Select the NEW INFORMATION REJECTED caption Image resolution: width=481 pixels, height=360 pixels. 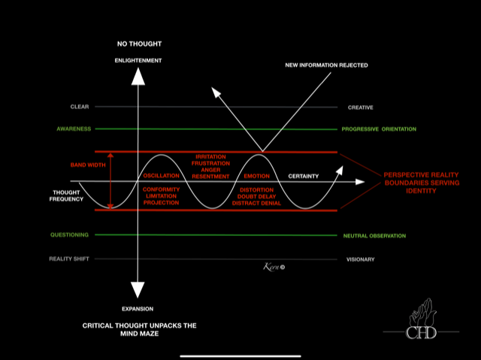click(x=326, y=65)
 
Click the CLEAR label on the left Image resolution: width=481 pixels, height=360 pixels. click(x=80, y=107)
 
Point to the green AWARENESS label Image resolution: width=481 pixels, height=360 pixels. click(x=74, y=129)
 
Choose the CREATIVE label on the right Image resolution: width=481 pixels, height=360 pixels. click(x=361, y=107)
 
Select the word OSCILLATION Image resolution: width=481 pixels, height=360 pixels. click(x=161, y=176)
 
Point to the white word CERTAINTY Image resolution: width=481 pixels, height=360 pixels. click(x=304, y=176)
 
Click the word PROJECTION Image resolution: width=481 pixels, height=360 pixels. click(x=161, y=203)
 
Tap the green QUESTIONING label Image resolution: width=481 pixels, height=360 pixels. click(x=70, y=234)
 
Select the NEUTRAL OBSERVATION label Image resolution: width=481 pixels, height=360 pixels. click(x=374, y=235)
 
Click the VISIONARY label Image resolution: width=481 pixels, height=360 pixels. click(x=360, y=259)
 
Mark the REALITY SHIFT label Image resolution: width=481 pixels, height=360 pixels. click(x=69, y=259)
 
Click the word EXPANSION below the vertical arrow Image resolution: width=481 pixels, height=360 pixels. click(x=137, y=309)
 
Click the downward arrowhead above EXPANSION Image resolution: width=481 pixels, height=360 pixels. click(x=137, y=290)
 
